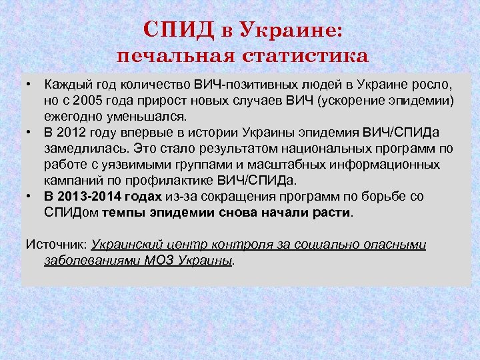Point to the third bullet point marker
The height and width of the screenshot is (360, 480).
tap(30, 197)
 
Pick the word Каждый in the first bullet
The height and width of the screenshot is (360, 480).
tap(65, 86)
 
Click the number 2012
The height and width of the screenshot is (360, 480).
tap(73, 131)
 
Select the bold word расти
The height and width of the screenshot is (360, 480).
tap(335, 213)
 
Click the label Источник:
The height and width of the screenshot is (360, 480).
tap(57, 245)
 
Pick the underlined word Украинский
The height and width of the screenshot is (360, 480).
tap(126, 245)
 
